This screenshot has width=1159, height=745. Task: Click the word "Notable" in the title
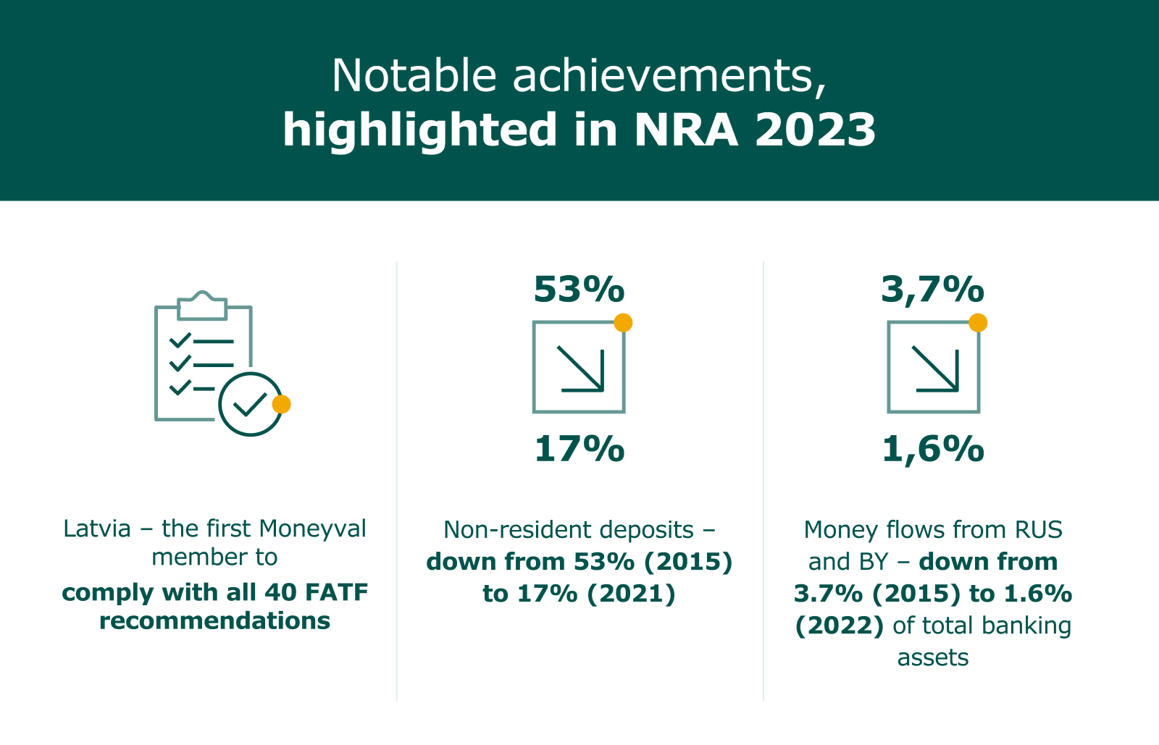(x=414, y=75)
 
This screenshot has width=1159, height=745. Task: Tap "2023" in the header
(x=815, y=130)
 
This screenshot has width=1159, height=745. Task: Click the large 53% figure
(x=579, y=289)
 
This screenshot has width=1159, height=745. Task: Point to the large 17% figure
(x=579, y=449)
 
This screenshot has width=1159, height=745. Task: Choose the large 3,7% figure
(x=932, y=290)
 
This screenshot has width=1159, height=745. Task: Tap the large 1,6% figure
(x=932, y=450)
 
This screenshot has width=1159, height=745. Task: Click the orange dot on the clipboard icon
(x=282, y=404)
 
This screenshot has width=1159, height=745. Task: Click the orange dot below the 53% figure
(x=623, y=323)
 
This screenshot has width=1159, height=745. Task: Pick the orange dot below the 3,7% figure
(x=978, y=323)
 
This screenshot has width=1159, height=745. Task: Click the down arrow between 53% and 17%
(x=580, y=369)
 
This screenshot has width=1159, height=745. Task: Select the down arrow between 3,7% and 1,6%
(x=935, y=369)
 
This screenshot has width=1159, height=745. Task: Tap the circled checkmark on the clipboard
(x=251, y=404)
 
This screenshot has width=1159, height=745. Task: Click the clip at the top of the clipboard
(x=202, y=306)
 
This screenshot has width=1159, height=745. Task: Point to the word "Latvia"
(x=97, y=529)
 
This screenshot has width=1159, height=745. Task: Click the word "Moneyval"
(x=312, y=529)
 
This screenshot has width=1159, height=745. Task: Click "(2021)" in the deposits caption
(x=631, y=594)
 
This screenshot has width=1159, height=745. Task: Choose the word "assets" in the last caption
(x=933, y=658)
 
